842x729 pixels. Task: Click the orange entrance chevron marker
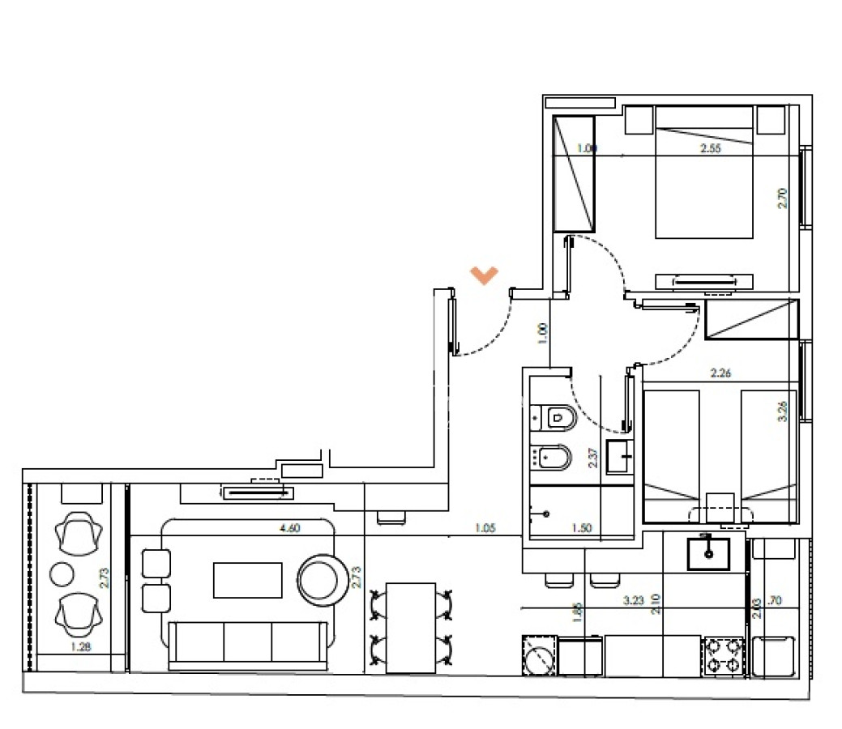(x=485, y=275)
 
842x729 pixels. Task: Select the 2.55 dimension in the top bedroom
(x=711, y=148)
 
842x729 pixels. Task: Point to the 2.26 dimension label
(x=721, y=373)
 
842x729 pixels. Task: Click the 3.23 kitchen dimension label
(x=634, y=601)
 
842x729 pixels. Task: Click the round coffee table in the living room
(x=321, y=577)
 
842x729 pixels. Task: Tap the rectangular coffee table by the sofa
(x=247, y=580)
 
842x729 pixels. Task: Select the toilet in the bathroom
(x=558, y=417)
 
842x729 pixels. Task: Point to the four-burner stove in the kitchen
(x=723, y=655)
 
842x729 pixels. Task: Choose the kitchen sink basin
(x=708, y=554)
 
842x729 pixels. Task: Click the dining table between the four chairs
(x=410, y=627)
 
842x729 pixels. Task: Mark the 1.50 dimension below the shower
(x=581, y=528)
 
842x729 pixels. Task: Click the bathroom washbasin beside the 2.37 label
(x=620, y=457)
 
